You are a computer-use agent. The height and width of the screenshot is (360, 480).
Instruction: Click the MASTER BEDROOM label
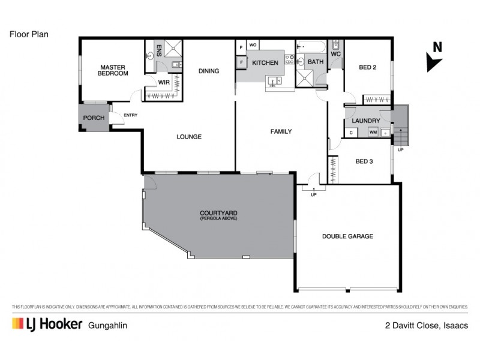(x=113, y=70)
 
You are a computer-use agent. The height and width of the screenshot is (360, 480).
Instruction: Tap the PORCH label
(x=93, y=118)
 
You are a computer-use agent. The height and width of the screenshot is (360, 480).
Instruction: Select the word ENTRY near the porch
(x=131, y=116)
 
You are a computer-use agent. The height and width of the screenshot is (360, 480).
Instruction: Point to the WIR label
(x=163, y=82)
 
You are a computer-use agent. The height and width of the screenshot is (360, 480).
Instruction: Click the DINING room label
(x=209, y=71)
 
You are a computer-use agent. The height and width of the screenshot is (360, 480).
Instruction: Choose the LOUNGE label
(x=188, y=137)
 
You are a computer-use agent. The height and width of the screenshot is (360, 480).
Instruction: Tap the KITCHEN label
(x=265, y=63)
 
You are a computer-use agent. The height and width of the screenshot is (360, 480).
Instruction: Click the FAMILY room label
(x=280, y=131)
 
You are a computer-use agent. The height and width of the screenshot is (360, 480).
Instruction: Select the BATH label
(x=316, y=62)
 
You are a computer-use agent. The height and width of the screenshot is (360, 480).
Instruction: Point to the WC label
(x=335, y=54)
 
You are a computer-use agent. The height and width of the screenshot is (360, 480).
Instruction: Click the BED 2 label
(x=367, y=67)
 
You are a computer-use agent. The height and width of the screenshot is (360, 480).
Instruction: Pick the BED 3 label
(x=365, y=161)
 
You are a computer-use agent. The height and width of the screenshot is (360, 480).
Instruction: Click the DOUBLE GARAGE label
(x=347, y=236)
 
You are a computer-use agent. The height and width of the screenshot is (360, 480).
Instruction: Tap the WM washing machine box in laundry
(x=373, y=132)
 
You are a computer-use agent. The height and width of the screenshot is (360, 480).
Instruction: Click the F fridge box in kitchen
(x=241, y=62)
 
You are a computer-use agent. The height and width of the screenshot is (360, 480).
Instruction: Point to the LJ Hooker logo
(x=47, y=325)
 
